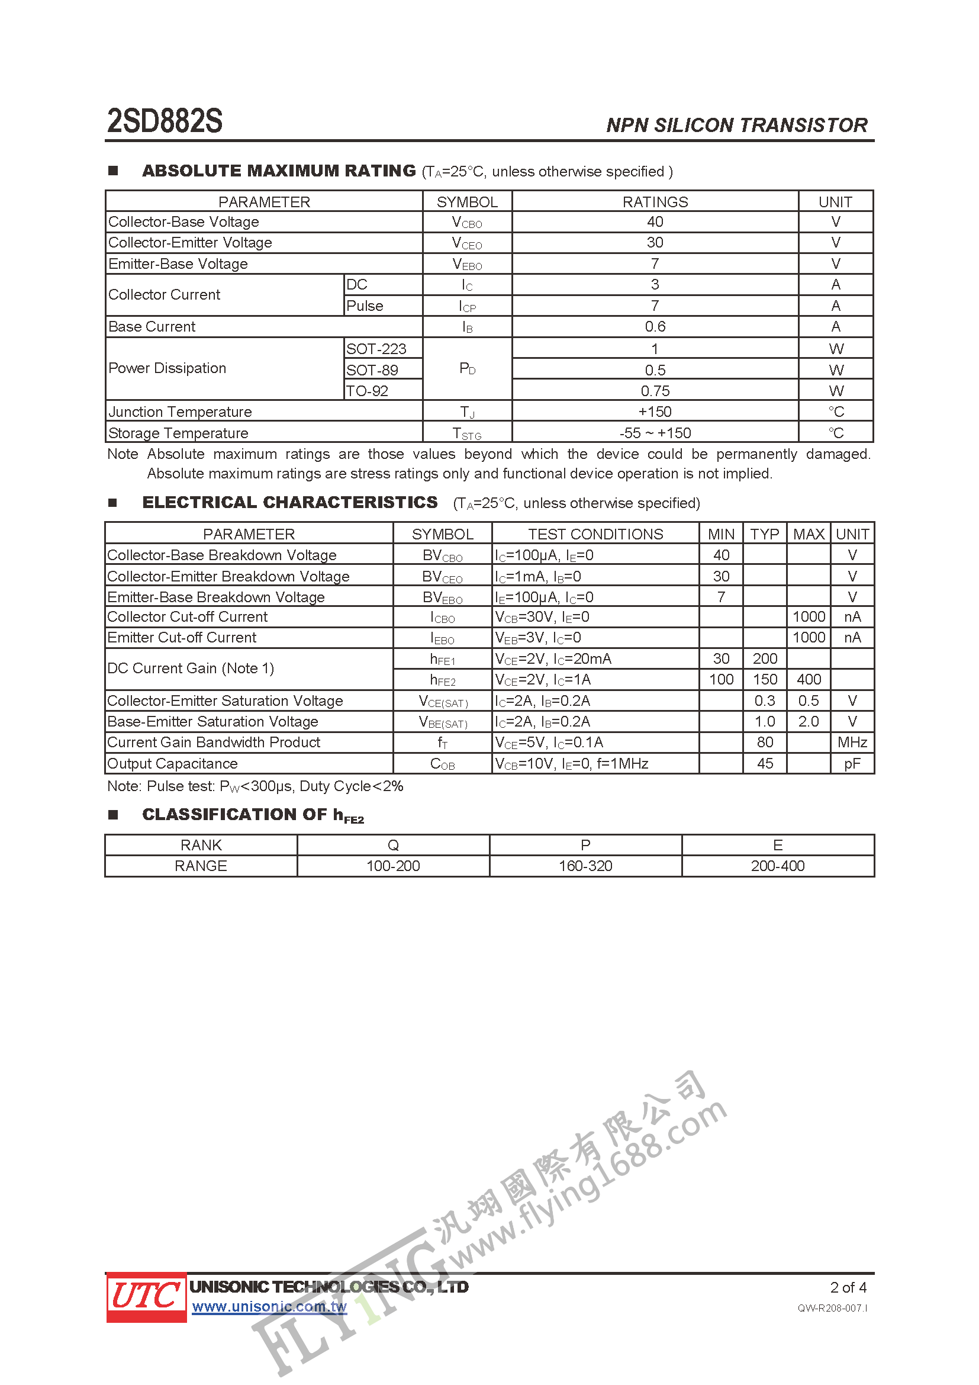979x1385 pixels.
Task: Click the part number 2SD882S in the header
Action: [165, 121]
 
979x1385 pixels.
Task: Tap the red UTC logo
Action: [146, 1296]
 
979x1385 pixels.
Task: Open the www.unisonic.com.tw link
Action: [269, 1307]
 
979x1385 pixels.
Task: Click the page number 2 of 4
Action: [848, 1287]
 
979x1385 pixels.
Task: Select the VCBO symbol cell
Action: [466, 223]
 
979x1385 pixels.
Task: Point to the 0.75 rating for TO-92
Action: [655, 391]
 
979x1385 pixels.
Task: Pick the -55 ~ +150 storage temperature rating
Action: [655, 433]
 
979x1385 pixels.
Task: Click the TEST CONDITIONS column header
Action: [595, 534]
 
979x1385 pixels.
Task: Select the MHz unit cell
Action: [852, 743]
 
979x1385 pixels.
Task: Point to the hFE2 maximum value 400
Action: [809, 680]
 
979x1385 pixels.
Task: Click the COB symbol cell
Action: [443, 764]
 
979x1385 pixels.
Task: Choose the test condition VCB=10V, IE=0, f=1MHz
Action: [572, 764]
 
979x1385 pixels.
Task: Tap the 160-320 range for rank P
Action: [585, 866]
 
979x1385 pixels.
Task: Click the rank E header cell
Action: [778, 845]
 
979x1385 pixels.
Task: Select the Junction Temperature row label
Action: [181, 412]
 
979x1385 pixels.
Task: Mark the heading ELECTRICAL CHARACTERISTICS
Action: [290, 503]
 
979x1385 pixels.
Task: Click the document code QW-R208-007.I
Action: [832, 1309]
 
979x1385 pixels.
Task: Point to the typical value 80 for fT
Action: [764, 743]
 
